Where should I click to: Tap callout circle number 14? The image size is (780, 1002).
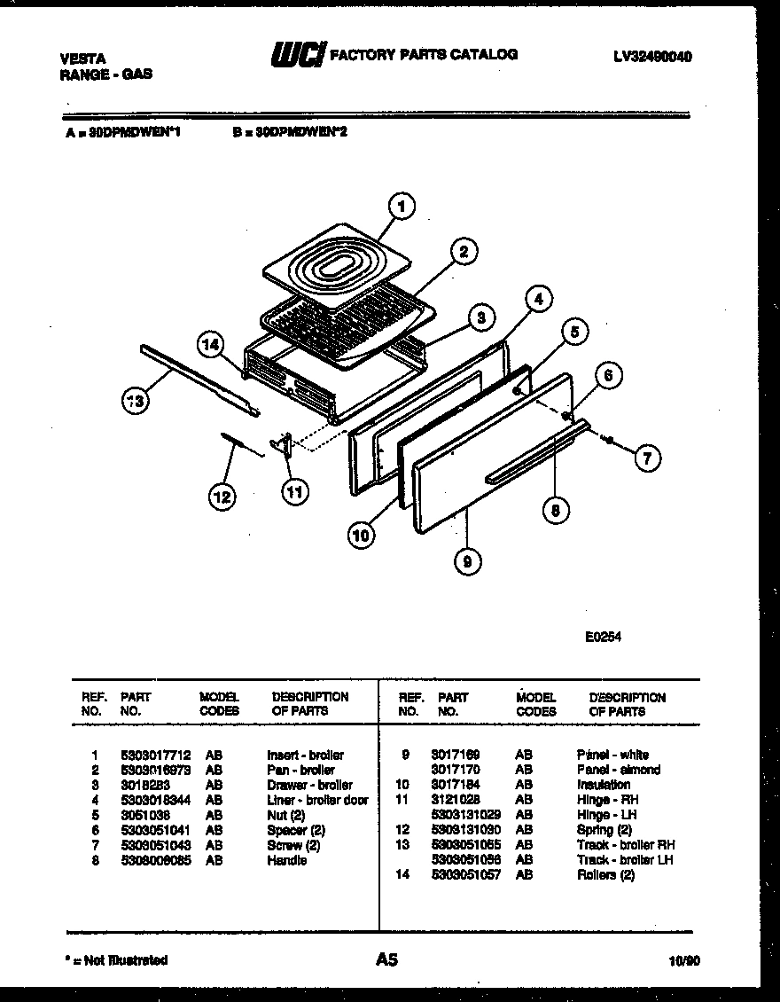pos(210,346)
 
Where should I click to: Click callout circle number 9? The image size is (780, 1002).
pos(467,560)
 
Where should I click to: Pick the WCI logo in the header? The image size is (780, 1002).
pos(298,55)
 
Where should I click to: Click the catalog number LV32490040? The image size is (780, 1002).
pos(652,56)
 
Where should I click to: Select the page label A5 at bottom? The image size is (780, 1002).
pos(386,959)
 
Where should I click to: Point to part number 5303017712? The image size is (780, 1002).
pos(154,755)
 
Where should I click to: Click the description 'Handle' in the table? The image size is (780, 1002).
pos(286,860)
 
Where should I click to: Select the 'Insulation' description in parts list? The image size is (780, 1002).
pos(603,785)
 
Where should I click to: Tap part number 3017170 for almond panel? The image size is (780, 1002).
pos(456,770)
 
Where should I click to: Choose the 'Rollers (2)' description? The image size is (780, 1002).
pos(605,875)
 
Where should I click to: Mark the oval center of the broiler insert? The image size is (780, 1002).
pos(341,263)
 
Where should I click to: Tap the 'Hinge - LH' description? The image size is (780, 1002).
pos(606,815)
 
